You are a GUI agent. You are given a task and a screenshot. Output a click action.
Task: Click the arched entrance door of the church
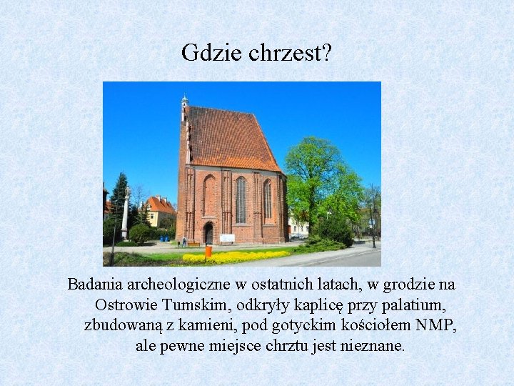point(208,234)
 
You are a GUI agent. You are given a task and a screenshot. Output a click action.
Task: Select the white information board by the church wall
point(227,238)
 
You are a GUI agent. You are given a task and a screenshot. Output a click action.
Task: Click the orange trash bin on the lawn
point(208,252)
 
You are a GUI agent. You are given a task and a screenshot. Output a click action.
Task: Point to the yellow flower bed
point(236,256)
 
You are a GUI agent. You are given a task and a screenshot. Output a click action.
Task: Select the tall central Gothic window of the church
point(241,200)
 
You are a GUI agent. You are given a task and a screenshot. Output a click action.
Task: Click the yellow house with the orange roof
point(160,213)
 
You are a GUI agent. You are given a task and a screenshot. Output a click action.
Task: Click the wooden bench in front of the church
point(193,244)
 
